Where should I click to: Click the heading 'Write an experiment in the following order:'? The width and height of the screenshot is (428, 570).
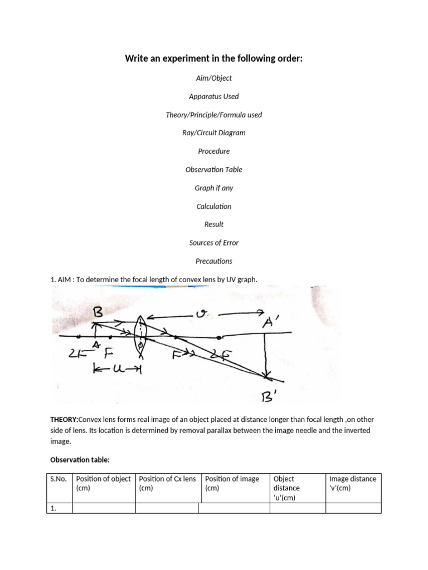214,58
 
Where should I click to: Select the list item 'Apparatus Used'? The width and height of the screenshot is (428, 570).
214,96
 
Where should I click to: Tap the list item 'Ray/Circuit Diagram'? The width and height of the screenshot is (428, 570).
214,133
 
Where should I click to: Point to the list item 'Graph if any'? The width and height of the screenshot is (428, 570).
214,188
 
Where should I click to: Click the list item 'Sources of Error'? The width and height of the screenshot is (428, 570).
214,243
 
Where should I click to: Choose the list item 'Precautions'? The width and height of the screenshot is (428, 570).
214,261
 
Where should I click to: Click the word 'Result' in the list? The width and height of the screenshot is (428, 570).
214,224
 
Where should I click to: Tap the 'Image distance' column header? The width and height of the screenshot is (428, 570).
353,483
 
